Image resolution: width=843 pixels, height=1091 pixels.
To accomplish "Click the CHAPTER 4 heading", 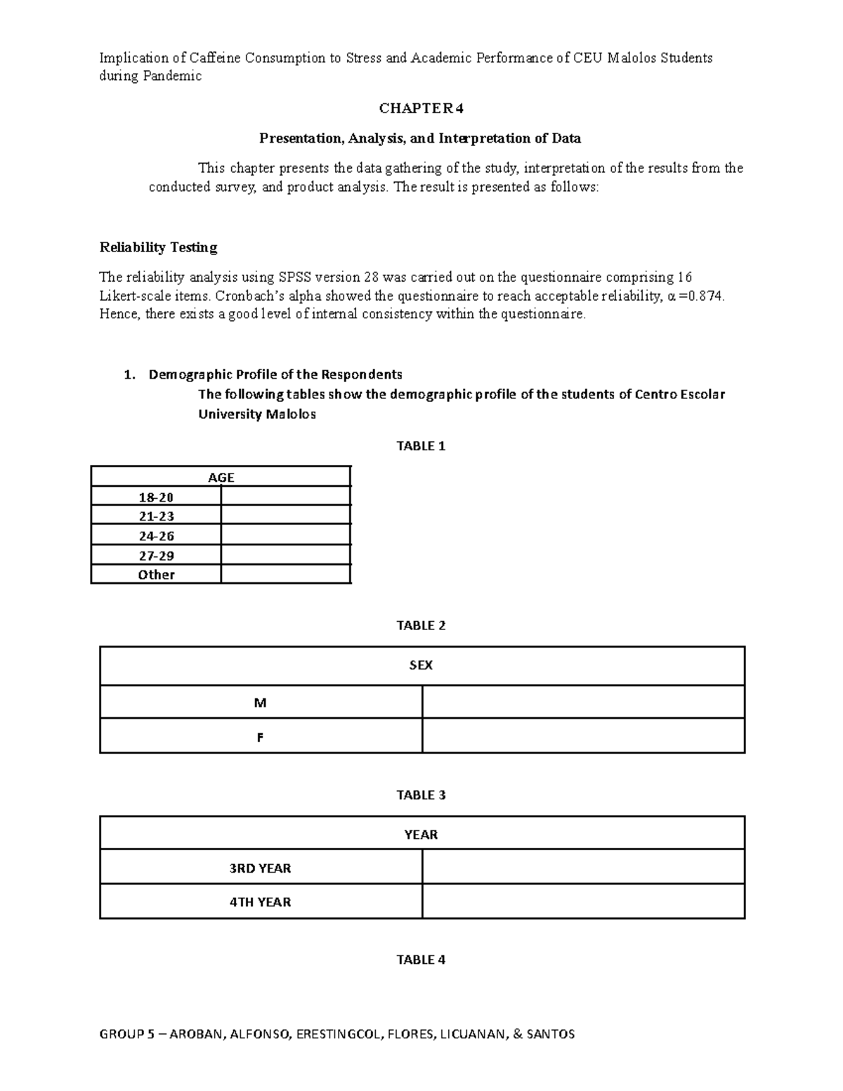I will (421, 108).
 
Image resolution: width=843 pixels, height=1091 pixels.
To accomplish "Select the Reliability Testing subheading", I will (158, 247).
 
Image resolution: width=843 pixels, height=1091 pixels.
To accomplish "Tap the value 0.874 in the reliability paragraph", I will (704, 296).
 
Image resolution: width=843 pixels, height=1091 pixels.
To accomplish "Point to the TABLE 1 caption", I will (421, 446).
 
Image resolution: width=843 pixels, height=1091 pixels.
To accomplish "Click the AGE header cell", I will (221, 478).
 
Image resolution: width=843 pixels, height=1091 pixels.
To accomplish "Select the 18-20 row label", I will (156, 497).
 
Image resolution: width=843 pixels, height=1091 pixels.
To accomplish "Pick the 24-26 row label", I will (156, 536).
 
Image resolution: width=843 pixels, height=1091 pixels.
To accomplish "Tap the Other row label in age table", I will (156, 575).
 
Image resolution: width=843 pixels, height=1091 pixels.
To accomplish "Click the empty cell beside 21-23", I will (285, 516).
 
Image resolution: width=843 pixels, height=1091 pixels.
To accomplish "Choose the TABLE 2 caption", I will (421, 625).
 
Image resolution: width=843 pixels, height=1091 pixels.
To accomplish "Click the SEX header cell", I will (421, 665).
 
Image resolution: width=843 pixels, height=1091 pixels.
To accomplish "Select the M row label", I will (261, 703).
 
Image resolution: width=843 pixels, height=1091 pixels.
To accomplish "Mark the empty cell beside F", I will (583, 736).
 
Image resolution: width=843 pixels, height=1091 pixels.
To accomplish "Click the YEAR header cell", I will (421, 835).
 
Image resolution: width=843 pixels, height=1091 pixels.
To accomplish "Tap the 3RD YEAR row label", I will (260, 868).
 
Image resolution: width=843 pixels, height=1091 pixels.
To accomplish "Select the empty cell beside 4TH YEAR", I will (583, 901).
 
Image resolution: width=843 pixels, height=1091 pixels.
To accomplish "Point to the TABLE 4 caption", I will (421, 960).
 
